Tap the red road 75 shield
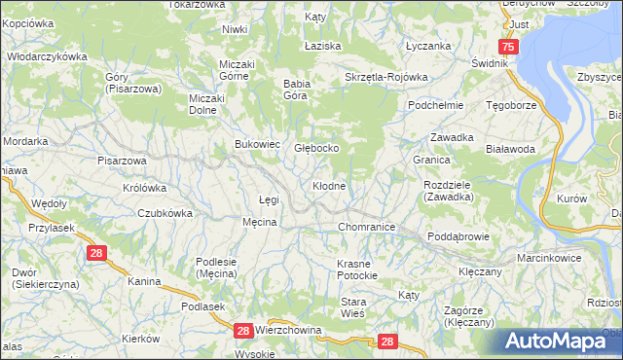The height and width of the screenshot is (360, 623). pos(507,47)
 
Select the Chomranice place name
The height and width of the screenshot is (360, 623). pos(366,227)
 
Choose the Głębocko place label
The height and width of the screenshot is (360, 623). pos(316,148)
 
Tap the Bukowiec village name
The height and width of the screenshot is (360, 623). pos(258,144)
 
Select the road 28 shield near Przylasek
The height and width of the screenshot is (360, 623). pos(95,253)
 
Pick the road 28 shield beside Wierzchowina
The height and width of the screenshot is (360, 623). pos(243,332)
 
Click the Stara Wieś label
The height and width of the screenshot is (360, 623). pos(352,307)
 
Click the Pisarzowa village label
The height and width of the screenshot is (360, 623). pos(122,161)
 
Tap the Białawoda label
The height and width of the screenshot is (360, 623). pos(511,149)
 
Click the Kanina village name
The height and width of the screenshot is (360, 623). pos(144,281)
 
